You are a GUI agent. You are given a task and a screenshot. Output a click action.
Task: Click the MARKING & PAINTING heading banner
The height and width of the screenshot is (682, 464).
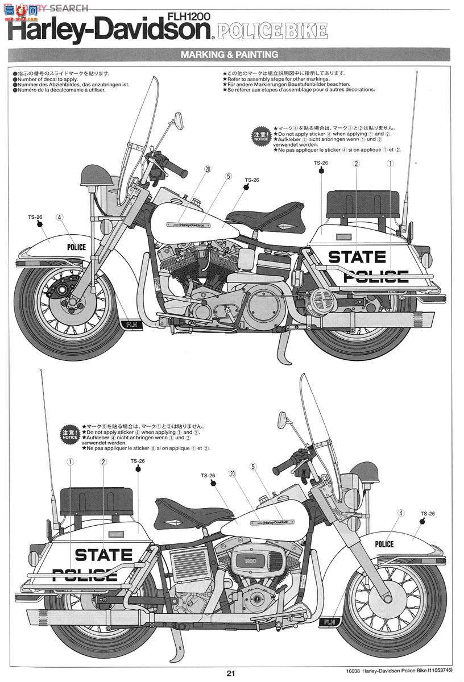229,55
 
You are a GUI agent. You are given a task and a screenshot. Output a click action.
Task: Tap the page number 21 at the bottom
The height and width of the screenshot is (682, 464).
231,673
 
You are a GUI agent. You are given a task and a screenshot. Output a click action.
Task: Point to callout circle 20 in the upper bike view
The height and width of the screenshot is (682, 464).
208,169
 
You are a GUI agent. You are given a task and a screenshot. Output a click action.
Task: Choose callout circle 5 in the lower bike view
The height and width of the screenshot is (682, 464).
252,467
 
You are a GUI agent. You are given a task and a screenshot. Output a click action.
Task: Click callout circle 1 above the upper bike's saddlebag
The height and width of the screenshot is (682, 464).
390,164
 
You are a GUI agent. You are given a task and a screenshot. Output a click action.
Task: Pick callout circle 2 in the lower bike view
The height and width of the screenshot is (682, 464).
103,462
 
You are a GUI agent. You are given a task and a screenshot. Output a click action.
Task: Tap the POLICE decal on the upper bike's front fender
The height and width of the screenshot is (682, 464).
76,247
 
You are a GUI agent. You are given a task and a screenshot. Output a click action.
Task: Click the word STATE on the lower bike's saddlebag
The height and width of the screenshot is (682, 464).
103,554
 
